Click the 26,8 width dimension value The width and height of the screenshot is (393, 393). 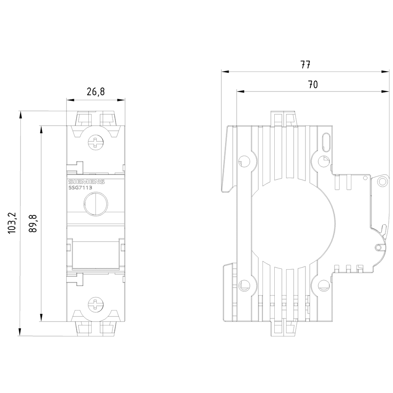(x=95, y=92)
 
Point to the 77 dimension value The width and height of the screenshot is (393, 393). (x=305, y=65)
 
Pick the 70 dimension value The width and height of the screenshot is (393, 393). (x=312, y=84)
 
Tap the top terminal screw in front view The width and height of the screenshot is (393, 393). (x=95, y=142)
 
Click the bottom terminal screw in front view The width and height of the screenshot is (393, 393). (x=95, y=305)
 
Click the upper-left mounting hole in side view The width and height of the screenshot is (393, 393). (x=244, y=160)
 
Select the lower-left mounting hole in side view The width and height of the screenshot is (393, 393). (x=244, y=285)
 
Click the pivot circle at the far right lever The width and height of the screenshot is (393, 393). (x=382, y=181)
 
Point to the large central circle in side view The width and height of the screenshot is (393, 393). (x=293, y=222)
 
